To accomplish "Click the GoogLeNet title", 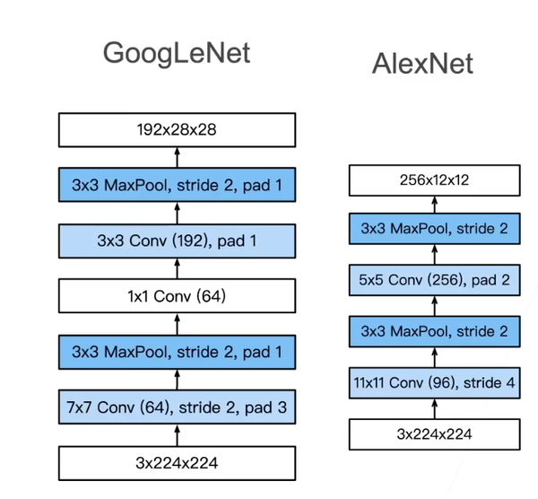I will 177,53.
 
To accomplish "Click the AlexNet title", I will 422,64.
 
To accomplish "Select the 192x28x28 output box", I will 177,130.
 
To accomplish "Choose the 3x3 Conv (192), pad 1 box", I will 177,241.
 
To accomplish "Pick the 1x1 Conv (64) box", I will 177,295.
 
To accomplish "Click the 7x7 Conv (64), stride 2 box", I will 177,407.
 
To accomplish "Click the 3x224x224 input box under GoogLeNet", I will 177,463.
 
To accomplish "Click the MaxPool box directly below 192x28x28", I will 177,186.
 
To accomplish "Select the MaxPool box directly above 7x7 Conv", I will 177,352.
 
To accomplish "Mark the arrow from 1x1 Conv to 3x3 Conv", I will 177,267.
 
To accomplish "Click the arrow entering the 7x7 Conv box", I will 177,435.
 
